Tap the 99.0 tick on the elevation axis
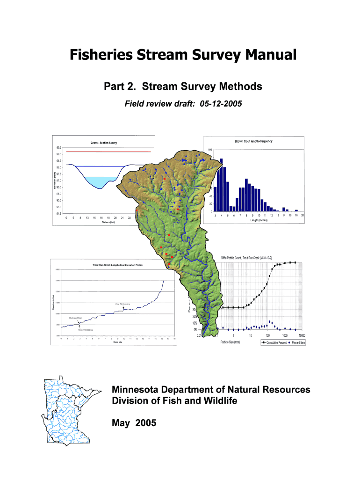click(58, 154)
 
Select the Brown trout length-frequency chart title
click(253, 141)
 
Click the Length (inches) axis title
click(258, 220)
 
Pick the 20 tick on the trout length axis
click(302, 215)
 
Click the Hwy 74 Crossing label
click(122, 304)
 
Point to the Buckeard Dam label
click(76, 317)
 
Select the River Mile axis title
click(117, 342)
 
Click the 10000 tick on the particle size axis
click(302, 335)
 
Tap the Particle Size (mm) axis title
click(230, 342)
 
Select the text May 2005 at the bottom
click(135, 423)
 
